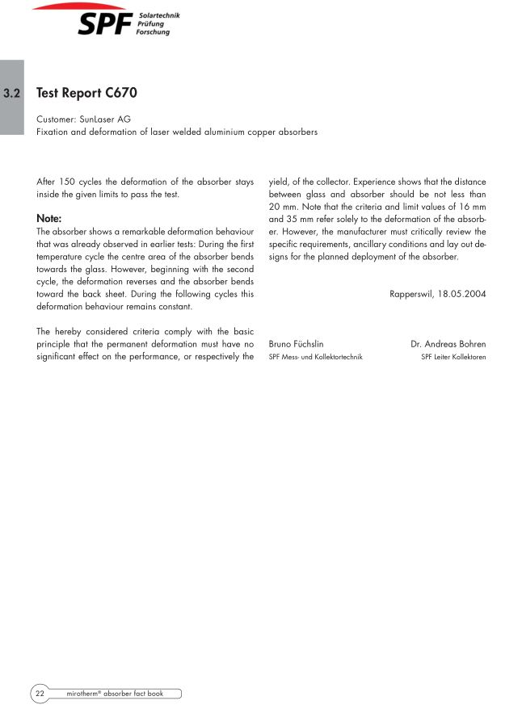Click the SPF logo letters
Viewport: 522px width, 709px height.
tap(105, 25)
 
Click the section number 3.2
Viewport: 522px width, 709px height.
tap(12, 94)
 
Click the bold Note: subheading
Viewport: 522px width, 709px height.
tap(49, 218)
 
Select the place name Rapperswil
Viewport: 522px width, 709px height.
tap(410, 294)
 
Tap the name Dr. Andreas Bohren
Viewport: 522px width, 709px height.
tap(448, 343)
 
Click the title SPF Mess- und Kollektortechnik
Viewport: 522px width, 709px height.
tap(315, 356)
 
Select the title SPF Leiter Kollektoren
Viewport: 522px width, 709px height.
tap(453, 356)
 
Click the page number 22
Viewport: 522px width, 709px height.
tap(40, 693)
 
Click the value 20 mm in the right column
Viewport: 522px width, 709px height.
tap(282, 207)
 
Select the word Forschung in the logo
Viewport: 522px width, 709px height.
tap(153, 32)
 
